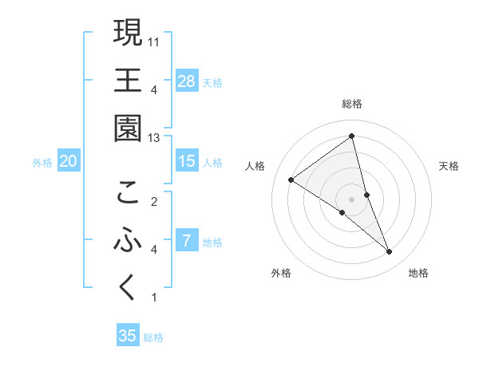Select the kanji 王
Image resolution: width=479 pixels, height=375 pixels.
point(128,81)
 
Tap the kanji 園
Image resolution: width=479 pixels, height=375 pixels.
point(128,128)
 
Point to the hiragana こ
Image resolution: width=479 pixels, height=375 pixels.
point(128,192)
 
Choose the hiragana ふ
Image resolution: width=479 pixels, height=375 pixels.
point(128,240)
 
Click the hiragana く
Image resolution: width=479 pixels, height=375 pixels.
point(128,288)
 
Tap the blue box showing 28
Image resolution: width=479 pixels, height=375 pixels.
point(187,81)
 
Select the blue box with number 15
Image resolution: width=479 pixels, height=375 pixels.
point(187,160)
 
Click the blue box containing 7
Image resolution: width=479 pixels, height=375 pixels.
point(187,240)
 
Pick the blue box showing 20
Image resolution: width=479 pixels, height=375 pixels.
point(68,161)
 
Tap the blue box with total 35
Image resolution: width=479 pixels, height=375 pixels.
point(128,336)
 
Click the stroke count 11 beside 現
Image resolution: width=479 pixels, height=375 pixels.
point(154,41)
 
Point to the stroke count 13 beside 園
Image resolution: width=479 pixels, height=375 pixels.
point(154,138)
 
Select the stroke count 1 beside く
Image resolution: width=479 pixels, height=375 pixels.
point(153,298)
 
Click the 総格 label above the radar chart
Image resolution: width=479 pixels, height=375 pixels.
point(352,104)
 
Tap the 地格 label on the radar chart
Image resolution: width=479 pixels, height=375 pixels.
point(418,273)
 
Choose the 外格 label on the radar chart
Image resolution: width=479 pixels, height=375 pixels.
point(281,273)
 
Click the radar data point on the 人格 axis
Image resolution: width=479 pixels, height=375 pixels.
point(291,180)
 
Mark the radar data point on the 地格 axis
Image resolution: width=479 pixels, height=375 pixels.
point(390,252)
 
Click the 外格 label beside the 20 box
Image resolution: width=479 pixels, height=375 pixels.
point(42,162)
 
